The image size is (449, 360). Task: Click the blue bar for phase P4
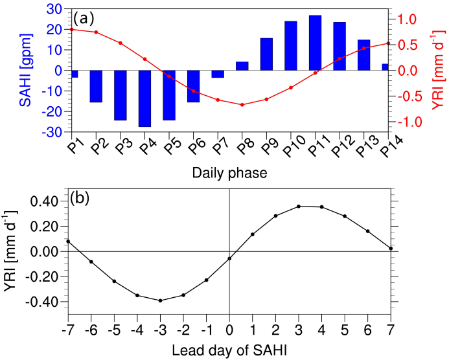(144, 98)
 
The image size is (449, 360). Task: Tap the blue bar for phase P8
(242, 66)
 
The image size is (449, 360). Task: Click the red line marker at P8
(242, 104)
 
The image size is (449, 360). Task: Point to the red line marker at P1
(71, 29)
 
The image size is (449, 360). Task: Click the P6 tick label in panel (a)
(192, 150)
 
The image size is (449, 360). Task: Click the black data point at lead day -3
(160, 300)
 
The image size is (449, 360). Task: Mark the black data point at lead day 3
(299, 207)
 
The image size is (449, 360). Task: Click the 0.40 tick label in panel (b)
(48, 201)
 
